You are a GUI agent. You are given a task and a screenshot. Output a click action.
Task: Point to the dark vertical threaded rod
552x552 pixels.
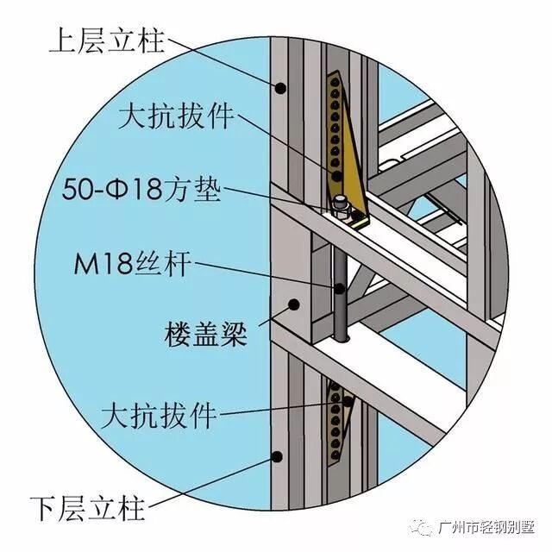pyautogui.click(x=342, y=293)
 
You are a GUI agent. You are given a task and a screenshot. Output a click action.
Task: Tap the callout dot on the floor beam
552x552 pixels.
pyautogui.click(x=295, y=304)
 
